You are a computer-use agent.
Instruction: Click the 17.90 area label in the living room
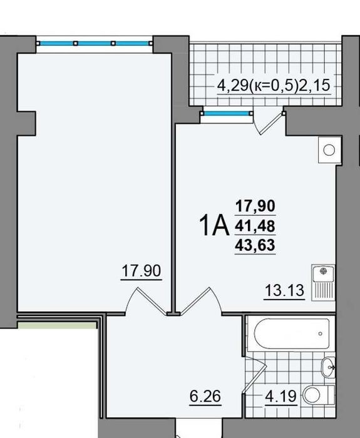click(x=141, y=271)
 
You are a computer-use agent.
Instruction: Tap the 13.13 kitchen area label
click(x=284, y=290)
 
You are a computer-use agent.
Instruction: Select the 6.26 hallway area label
click(x=205, y=396)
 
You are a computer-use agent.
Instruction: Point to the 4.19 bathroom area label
click(x=280, y=396)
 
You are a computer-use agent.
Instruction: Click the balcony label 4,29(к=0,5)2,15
click(x=274, y=86)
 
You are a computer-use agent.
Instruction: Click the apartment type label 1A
click(x=214, y=226)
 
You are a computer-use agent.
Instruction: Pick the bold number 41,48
click(x=255, y=226)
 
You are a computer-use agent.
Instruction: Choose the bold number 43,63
click(x=255, y=245)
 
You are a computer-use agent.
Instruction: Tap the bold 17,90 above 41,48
click(x=255, y=206)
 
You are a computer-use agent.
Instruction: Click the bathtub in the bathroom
click(x=292, y=334)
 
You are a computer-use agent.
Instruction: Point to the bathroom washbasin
click(x=328, y=367)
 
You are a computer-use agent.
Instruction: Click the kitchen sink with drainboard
click(x=324, y=282)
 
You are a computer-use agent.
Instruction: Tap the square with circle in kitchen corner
click(x=329, y=150)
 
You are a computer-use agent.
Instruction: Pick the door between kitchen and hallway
click(x=201, y=301)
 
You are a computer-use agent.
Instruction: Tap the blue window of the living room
click(x=95, y=43)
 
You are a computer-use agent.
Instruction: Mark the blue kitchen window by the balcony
click(x=227, y=113)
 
